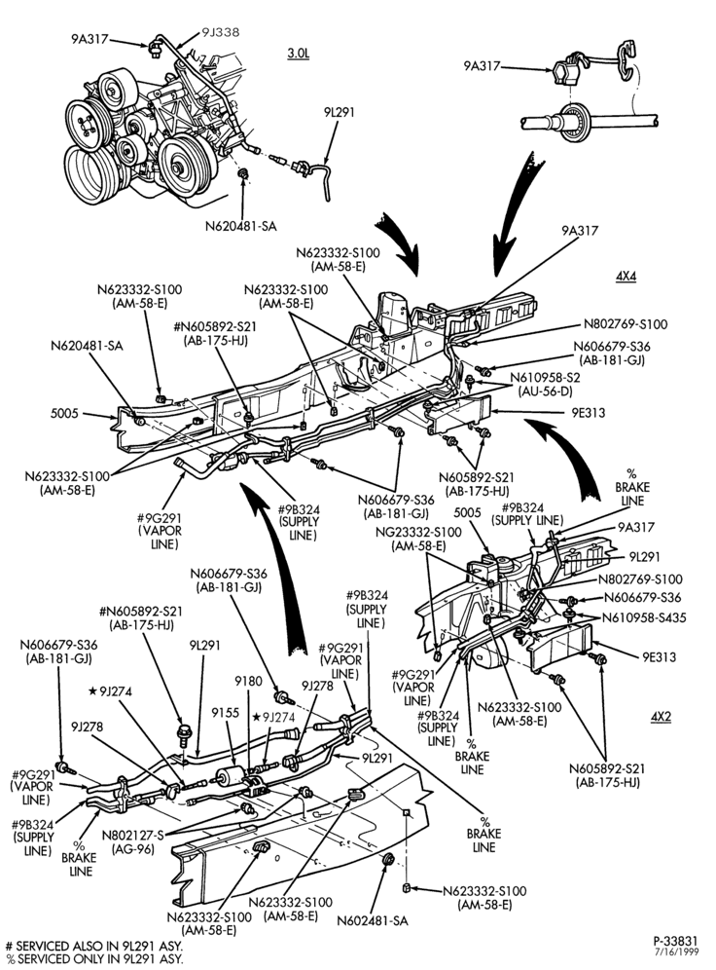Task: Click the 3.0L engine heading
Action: click(x=299, y=54)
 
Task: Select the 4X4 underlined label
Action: click(x=626, y=277)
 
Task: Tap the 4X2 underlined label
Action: click(x=661, y=717)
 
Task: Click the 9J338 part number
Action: click(x=221, y=32)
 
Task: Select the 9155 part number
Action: click(x=225, y=713)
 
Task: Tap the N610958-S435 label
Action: click(x=644, y=617)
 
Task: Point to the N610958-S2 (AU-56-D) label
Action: click(x=546, y=384)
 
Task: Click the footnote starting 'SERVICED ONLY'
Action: click(x=94, y=959)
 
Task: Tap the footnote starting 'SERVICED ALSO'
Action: click(x=94, y=947)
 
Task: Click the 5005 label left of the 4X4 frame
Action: click(x=64, y=413)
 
